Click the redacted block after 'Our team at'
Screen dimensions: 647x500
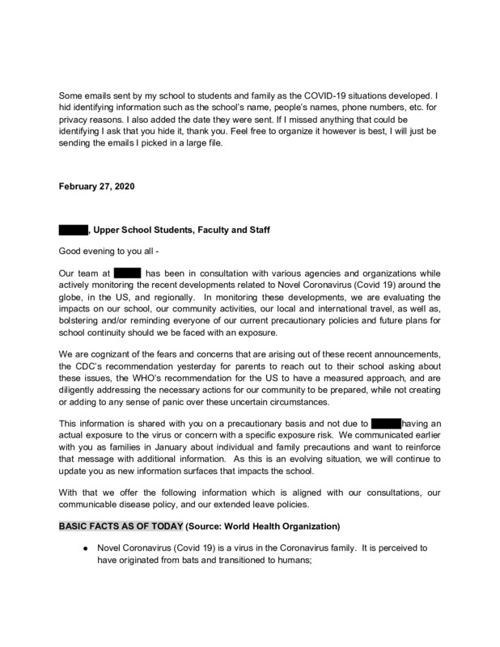coord(127,273)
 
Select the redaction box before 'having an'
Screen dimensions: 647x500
coord(385,422)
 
